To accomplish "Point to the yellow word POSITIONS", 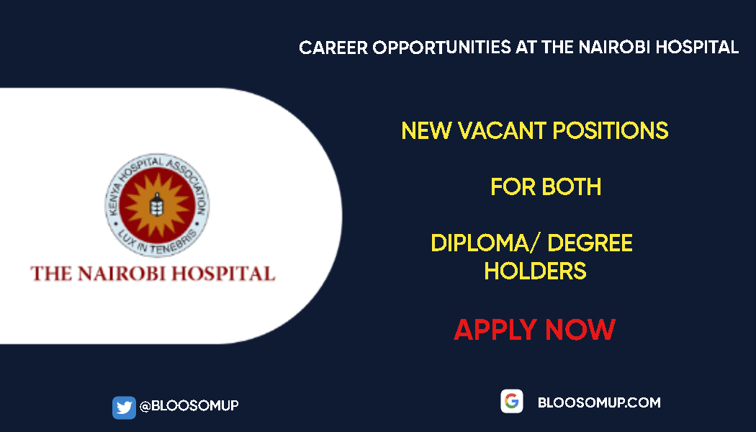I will tap(609, 131).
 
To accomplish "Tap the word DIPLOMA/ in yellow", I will tap(485, 243).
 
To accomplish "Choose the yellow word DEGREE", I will tap(590, 243).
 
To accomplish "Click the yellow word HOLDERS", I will tap(535, 271).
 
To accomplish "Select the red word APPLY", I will tap(496, 330).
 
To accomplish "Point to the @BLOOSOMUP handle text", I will tap(189, 406).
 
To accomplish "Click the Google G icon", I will tap(512, 402).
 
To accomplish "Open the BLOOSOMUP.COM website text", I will tap(599, 402).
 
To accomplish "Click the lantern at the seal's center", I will tap(153, 204).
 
